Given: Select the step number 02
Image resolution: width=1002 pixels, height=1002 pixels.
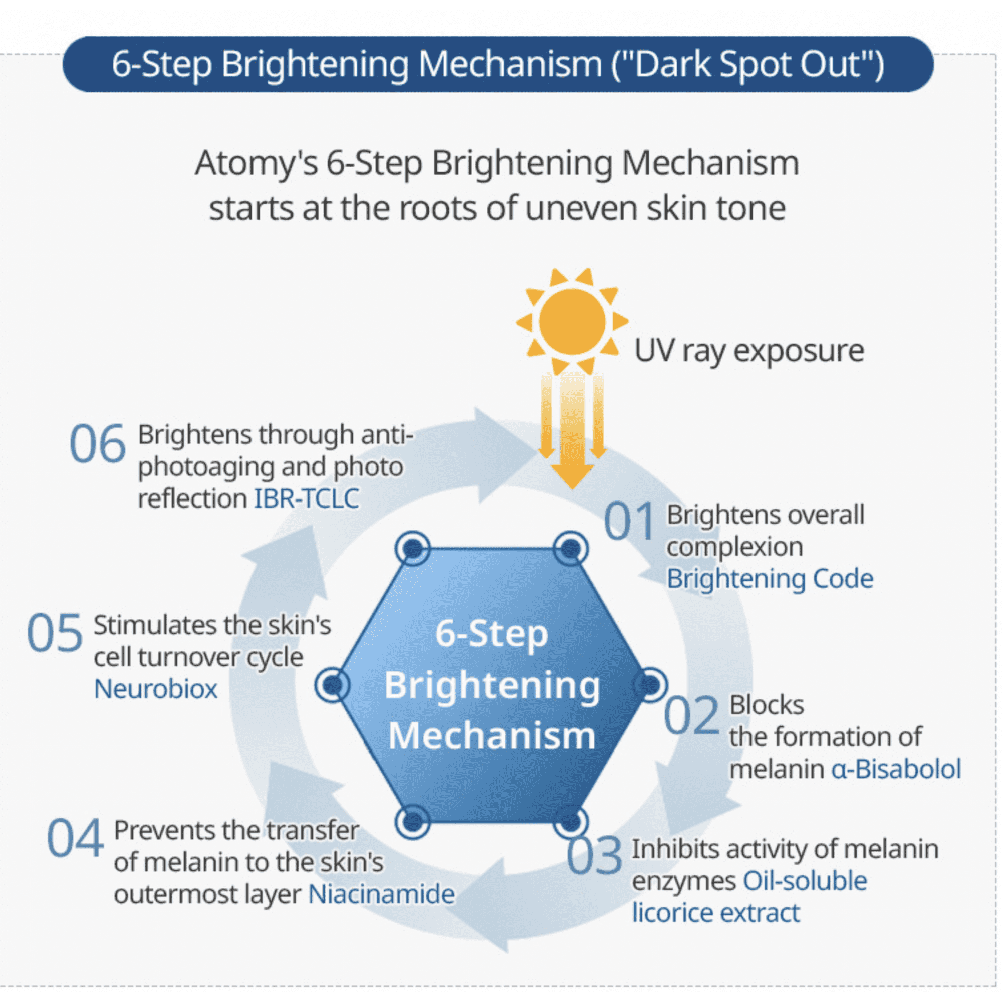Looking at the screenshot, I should (691, 716).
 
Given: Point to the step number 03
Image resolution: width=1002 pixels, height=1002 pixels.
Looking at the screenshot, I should (594, 856).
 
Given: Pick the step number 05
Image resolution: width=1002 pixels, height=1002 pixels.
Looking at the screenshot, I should (55, 633).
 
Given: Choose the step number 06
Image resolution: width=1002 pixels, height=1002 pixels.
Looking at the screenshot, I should (98, 444).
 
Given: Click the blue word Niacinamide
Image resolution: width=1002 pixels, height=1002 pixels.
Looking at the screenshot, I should (381, 894).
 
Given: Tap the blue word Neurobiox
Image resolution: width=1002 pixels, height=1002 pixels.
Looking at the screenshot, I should (156, 689).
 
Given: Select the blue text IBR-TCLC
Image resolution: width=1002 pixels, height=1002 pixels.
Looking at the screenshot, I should (307, 499).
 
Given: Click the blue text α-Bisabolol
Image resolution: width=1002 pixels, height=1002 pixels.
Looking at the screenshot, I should (896, 769).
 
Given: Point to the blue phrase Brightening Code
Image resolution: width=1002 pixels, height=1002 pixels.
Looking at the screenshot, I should (770, 579).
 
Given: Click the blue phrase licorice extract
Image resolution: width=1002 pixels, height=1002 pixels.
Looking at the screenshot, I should (716, 913).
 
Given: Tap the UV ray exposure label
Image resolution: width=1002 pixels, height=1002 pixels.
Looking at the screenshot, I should (749, 351).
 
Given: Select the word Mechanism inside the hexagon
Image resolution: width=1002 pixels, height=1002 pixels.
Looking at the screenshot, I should (491, 735).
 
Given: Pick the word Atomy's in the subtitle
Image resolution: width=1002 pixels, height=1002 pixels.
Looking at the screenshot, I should (256, 163).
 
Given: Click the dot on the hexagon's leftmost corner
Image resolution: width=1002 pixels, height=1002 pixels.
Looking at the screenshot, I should (332, 685).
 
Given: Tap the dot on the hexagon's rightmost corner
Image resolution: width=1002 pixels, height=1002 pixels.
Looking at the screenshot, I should (650, 685).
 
